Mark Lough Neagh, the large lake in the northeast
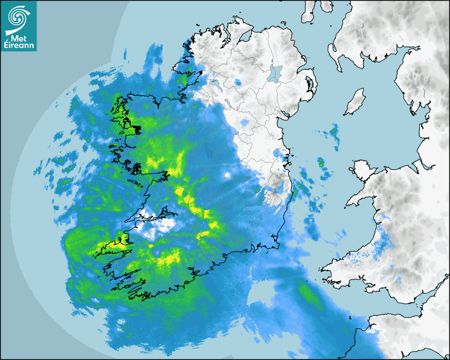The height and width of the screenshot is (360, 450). coord(275,73)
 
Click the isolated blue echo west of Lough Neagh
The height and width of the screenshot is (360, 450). coord(238,83)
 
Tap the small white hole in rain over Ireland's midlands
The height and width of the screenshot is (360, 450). coord(227,175)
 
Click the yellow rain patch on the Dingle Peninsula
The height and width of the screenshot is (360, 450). coord(119,245)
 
